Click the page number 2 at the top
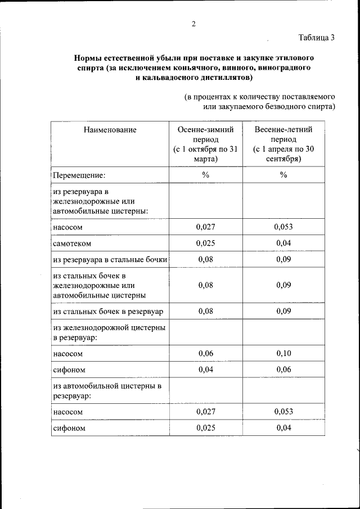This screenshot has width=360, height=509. [193, 23]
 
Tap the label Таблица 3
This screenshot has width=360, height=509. [317, 38]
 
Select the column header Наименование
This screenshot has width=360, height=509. [110, 129]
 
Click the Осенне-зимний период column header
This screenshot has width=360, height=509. [205, 144]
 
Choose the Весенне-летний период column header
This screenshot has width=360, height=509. [283, 144]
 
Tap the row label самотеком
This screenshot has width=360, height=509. [72, 244]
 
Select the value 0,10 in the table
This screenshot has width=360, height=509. [283, 353]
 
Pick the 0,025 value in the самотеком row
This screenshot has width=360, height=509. [205, 243]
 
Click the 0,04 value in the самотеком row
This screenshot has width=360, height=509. [283, 243]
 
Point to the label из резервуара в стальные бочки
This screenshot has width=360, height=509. [110, 259]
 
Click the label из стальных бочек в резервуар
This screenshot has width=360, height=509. [108, 311]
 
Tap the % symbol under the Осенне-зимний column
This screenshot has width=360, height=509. [205, 175]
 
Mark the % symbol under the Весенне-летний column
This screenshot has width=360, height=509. [283, 175]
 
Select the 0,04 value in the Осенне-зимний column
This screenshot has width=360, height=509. [205, 370]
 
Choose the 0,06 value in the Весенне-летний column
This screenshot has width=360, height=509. [283, 370]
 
